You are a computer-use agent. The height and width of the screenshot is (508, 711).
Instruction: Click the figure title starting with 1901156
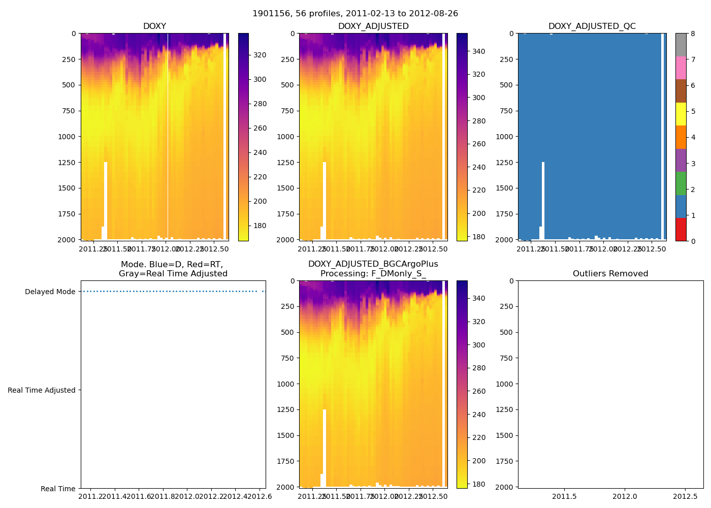coord(355,14)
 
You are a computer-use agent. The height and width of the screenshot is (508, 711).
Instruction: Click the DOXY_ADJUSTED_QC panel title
coord(592,26)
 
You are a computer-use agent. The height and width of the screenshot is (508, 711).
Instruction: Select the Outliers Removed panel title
coord(610,274)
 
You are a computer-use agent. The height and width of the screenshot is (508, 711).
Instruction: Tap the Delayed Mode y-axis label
coord(50,292)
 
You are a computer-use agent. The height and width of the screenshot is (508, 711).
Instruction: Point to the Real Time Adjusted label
coord(42,390)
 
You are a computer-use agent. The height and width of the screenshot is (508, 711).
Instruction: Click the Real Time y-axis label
coord(58,489)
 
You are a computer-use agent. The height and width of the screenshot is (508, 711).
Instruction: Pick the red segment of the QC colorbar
coord(681,229)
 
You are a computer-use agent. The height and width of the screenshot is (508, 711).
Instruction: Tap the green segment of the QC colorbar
coord(681,183)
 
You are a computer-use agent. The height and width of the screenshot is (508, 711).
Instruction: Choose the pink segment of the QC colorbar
coord(681,68)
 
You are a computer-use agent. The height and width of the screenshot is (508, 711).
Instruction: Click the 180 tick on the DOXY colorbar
coord(260,226)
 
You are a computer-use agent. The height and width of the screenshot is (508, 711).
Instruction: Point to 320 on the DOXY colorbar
coord(260,55)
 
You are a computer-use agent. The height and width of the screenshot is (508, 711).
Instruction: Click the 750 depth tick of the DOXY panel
coord(69,111)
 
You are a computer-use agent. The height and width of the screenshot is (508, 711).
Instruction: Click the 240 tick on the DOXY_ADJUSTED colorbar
coord(478,167)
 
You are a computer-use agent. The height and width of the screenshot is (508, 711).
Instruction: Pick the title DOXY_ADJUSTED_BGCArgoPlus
coord(373,264)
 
